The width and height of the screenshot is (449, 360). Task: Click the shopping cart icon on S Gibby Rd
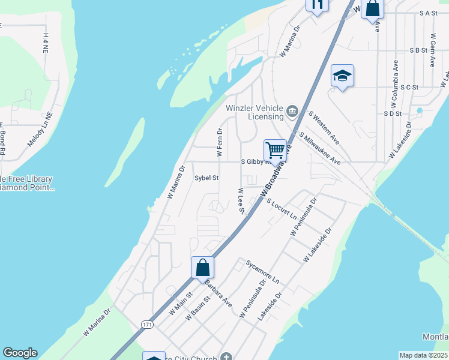coord(275,149)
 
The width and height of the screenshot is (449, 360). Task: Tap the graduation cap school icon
coord(342,76)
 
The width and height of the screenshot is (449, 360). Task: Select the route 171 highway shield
coord(147,324)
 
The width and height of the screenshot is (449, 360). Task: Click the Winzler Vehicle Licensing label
coord(255,112)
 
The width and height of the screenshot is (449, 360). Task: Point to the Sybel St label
coord(206,178)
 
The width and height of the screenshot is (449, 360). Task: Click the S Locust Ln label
coord(282,208)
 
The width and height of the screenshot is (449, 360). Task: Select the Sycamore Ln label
coord(263,272)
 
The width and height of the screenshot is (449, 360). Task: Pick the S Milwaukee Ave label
coord(319,149)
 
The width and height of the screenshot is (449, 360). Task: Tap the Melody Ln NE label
coord(40,130)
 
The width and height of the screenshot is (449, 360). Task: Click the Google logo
coord(20,353)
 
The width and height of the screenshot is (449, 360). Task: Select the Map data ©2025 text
coord(424,355)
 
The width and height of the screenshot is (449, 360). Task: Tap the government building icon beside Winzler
coord(292,110)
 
